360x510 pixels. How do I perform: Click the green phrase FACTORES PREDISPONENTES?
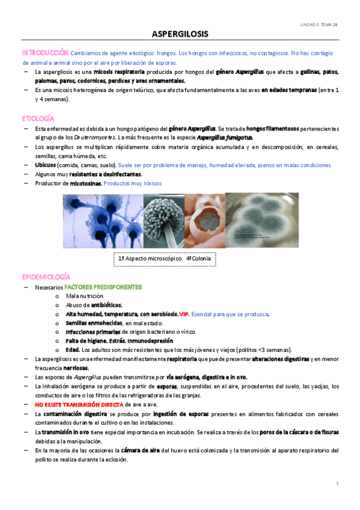tap(103, 287)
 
